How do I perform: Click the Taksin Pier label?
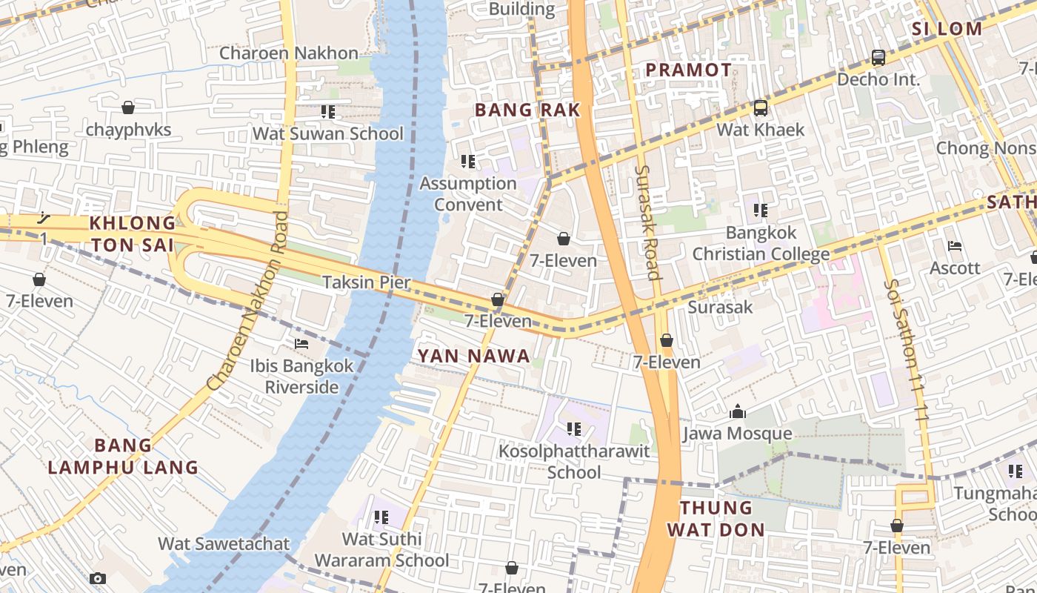[366, 282]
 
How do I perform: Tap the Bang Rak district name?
[527, 110]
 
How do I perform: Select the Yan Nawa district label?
[473, 356]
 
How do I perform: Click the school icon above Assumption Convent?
[467, 161]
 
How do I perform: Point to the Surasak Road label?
[647, 222]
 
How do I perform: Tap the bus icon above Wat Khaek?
[760, 108]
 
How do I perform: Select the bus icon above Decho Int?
[878, 57]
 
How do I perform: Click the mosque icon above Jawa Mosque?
[738, 411]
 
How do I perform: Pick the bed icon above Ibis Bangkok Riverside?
[301, 344]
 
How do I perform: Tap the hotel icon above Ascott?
[954, 245]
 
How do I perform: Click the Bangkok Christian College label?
[761, 243]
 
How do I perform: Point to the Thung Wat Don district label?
[715, 518]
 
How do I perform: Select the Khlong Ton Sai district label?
[133, 233]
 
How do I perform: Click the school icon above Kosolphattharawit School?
[574, 428]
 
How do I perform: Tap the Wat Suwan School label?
[327, 133]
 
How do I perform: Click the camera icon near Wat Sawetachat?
[98, 578]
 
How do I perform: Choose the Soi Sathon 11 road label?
[906, 350]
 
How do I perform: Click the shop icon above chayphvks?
[128, 107]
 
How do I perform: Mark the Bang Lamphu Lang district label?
[123, 456]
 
